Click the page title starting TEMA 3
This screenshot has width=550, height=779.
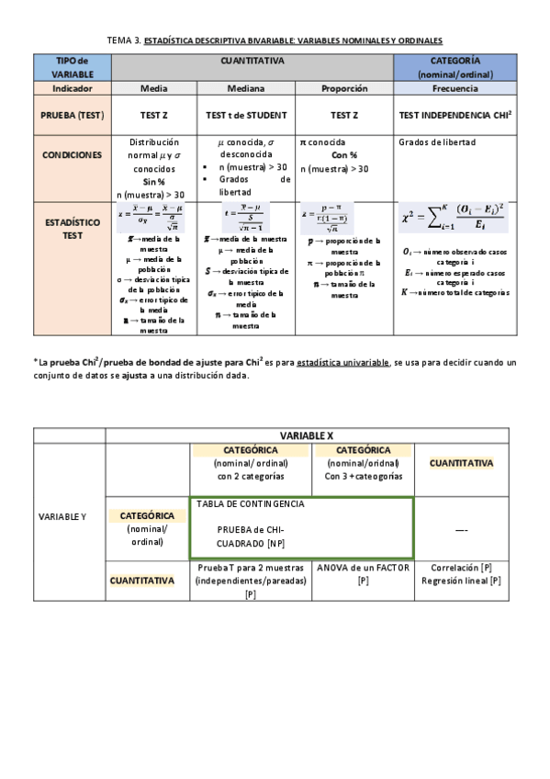275,40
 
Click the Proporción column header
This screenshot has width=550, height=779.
344,89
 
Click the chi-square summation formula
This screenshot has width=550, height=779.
455,220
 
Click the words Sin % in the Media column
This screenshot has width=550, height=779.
153,182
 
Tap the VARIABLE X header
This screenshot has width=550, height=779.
306,434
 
